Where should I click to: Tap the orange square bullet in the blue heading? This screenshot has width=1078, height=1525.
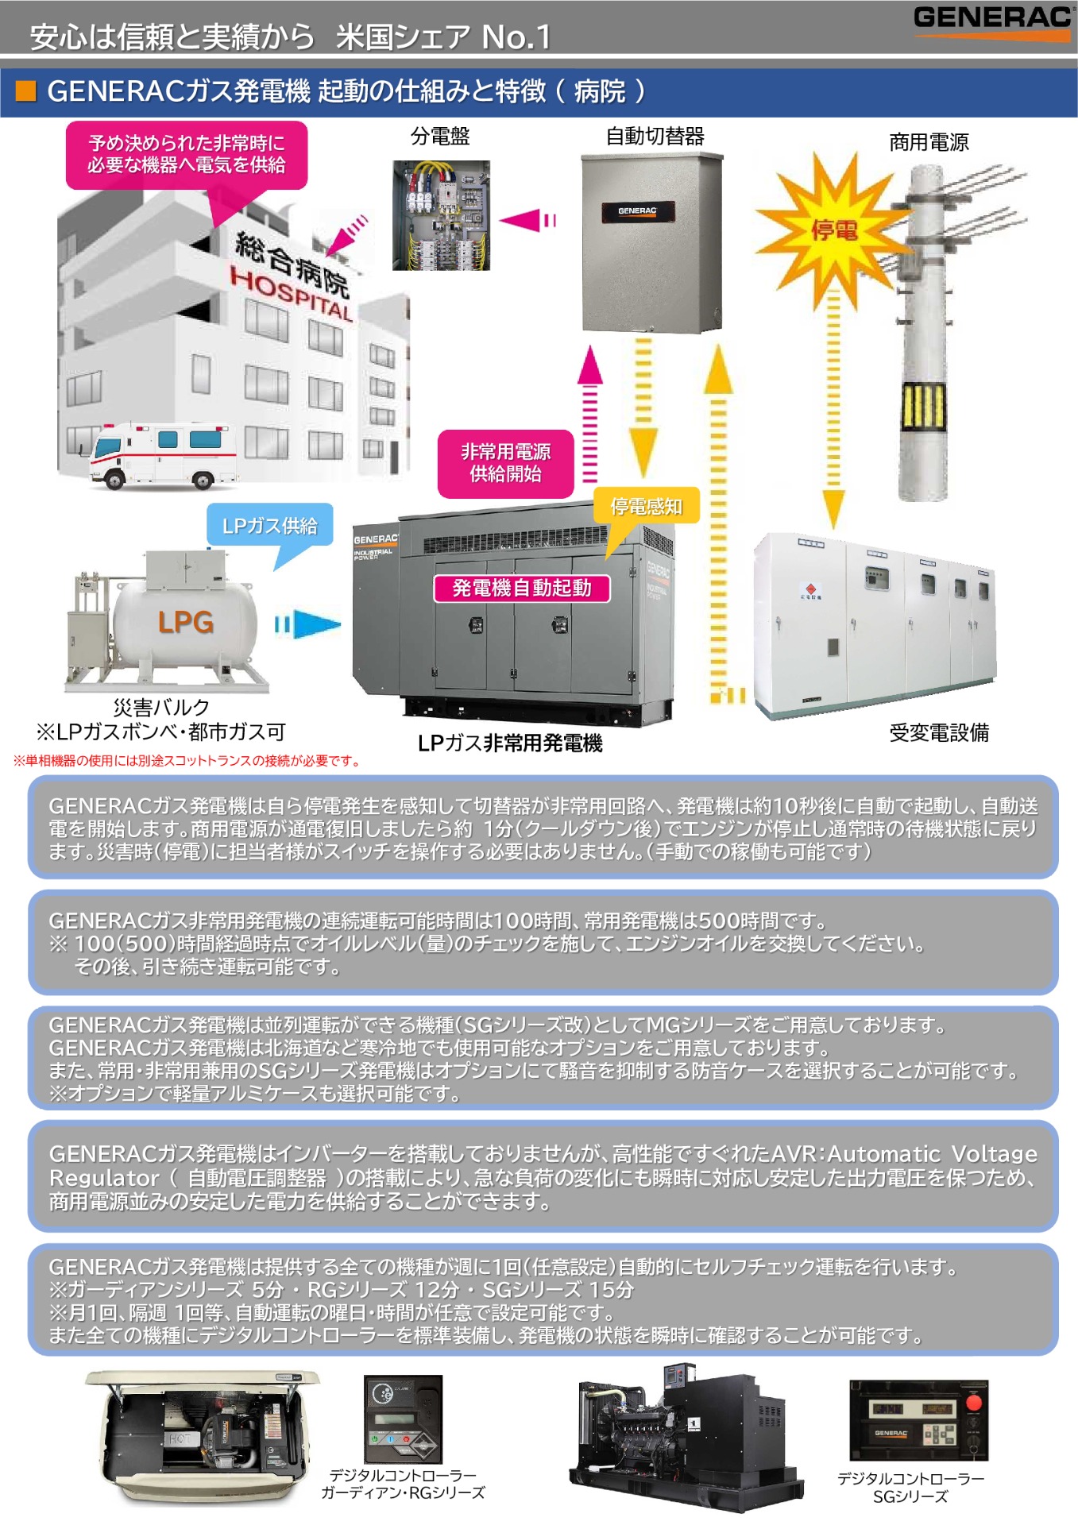[x=26, y=91]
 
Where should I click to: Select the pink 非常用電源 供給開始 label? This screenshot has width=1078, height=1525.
[x=505, y=463]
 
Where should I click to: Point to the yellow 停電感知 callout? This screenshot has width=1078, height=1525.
[x=646, y=506]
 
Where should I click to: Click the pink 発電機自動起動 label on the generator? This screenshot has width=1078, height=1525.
[x=522, y=588]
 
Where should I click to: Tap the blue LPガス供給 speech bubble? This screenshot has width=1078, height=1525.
[x=269, y=525]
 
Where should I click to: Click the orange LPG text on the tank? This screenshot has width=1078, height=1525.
[x=185, y=622]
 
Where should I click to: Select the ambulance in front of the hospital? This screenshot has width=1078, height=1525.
[x=164, y=455]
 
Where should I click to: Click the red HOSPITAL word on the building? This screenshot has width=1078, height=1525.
[x=291, y=295]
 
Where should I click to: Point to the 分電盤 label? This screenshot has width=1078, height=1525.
[x=440, y=137]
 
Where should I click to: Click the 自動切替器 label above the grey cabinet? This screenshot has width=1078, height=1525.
[x=655, y=137]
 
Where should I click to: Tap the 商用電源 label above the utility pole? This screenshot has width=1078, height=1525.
[x=929, y=142]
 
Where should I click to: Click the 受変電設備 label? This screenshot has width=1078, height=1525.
[x=939, y=732]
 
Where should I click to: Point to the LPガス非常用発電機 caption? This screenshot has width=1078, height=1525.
[x=510, y=743]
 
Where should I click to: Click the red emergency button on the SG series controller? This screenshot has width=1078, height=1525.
[x=973, y=1403]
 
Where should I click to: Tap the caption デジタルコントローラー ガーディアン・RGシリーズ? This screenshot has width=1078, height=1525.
[x=403, y=1484]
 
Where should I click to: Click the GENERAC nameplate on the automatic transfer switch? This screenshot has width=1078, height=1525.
[x=637, y=211]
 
